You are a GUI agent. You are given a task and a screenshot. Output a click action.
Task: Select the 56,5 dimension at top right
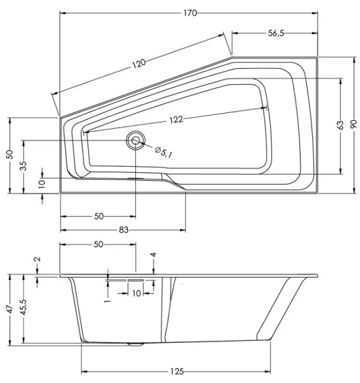(276, 34)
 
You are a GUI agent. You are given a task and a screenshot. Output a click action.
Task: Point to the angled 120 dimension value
(139, 63)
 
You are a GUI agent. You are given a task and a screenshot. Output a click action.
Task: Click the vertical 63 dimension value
(341, 125)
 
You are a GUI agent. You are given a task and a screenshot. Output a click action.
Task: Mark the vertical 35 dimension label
(24, 166)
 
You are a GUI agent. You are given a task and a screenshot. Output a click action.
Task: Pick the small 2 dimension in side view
(37, 260)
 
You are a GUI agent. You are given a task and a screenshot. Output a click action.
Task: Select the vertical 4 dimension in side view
(153, 255)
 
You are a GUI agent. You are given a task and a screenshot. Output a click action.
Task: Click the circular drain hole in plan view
(135, 141)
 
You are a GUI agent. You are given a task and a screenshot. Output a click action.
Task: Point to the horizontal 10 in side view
(136, 293)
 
